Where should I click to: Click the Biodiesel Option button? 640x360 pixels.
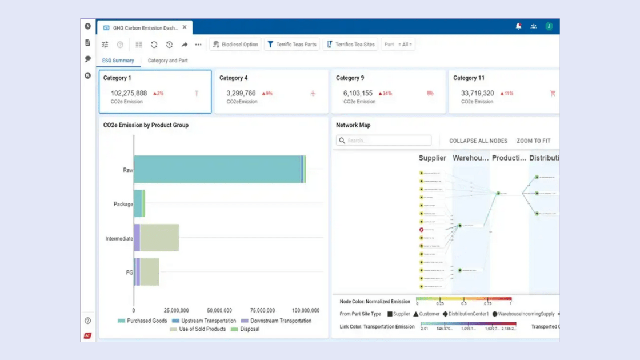[x=235, y=45]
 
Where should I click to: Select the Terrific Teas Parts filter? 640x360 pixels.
[x=291, y=45]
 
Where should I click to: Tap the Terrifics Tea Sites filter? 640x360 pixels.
[x=350, y=45]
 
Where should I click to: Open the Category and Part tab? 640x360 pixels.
[x=167, y=61]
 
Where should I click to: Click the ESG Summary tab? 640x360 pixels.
[x=118, y=61]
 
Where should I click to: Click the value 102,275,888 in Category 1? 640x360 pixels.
[x=129, y=93]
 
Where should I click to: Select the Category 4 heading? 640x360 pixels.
[x=234, y=78]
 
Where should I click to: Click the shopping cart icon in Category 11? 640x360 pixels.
[x=553, y=93]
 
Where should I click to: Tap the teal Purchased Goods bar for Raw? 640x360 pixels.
[x=217, y=169]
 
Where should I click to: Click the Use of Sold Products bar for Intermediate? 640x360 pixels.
[x=159, y=237]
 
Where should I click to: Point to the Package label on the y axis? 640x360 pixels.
[x=123, y=204]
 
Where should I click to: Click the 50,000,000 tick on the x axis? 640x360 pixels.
[x=219, y=311]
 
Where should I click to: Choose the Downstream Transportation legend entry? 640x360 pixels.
[x=277, y=321]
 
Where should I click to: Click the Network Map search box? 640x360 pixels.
[x=383, y=141]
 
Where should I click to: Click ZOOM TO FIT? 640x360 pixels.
[x=533, y=141]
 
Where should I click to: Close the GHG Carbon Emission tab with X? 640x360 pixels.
[x=185, y=27]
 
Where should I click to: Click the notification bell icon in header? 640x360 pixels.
[x=518, y=26]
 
